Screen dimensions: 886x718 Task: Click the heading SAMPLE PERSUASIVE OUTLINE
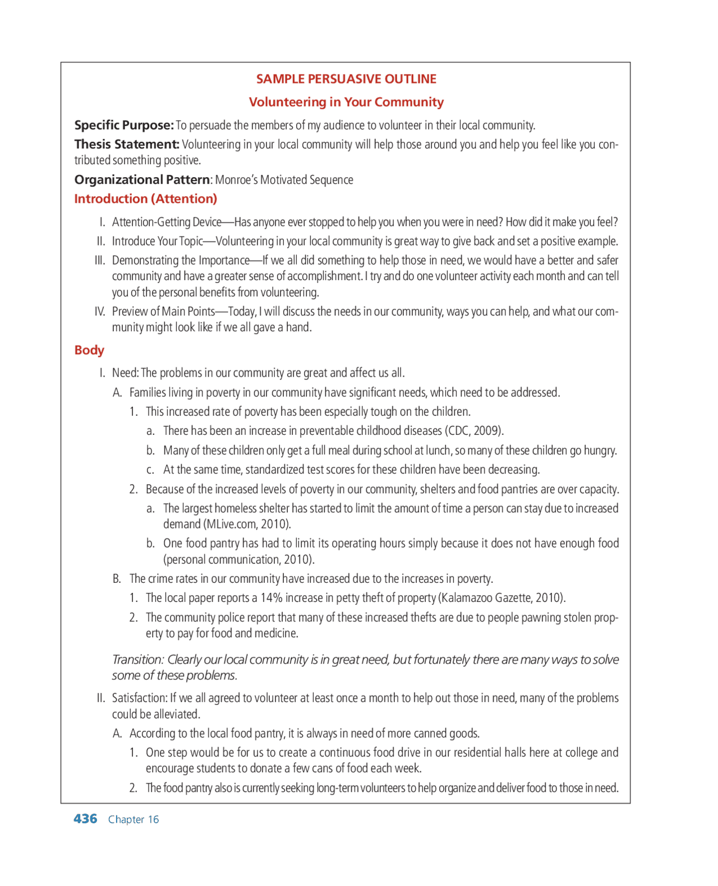tap(346, 79)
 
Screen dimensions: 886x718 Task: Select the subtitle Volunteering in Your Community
tap(346, 102)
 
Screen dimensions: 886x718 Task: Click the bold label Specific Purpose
tap(123, 125)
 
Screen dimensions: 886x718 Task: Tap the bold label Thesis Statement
tap(127, 145)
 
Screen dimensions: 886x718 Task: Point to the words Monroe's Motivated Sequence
tap(284, 180)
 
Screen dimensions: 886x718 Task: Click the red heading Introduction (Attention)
tap(145, 199)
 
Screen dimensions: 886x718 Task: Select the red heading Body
tap(89, 350)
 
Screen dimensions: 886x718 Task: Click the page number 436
tap(85, 819)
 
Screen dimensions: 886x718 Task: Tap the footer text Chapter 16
tap(134, 819)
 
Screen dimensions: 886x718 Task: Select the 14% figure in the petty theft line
tap(271, 598)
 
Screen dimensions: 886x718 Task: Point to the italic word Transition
tap(137, 660)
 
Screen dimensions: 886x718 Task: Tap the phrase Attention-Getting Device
tap(167, 222)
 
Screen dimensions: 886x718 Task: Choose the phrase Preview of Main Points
tap(163, 312)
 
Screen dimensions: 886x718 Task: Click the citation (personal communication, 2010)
tap(239, 560)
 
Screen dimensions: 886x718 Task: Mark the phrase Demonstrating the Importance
tap(181, 261)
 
